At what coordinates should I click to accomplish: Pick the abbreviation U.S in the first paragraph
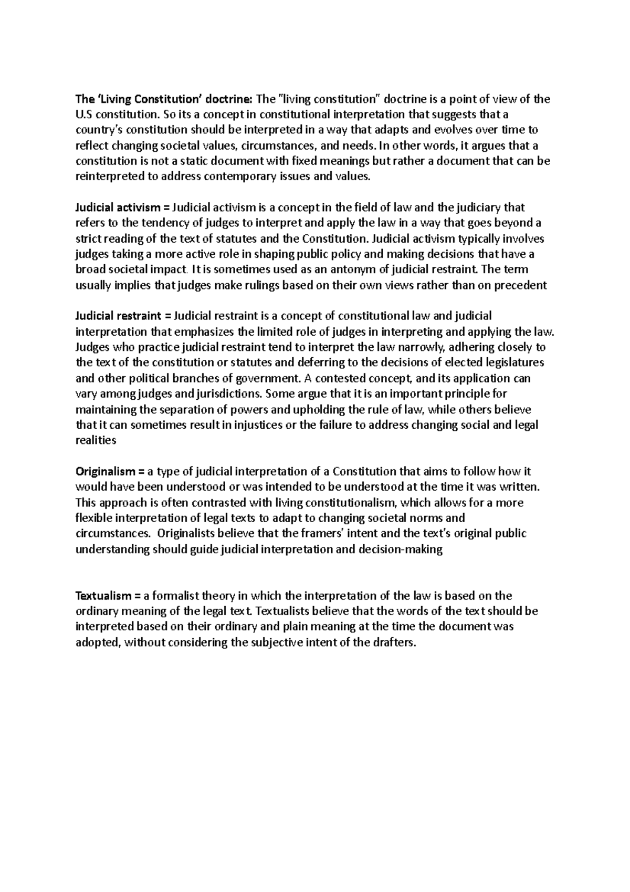click(x=84, y=115)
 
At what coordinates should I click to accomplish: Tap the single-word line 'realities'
click(x=96, y=441)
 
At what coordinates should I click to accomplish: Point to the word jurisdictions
click(x=233, y=394)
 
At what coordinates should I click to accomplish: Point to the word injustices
click(x=253, y=425)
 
